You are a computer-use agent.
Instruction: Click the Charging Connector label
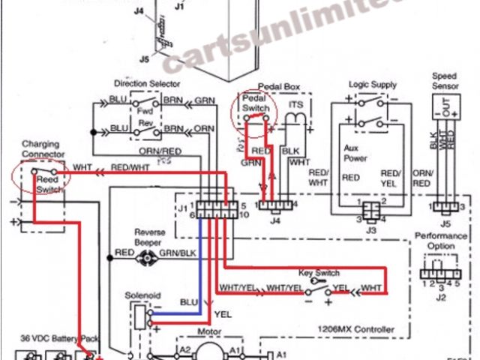pos(44,148)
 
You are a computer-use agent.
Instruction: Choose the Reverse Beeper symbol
pos(147,256)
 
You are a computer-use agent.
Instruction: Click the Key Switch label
pos(319,273)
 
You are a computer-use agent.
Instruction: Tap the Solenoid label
pos(142,296)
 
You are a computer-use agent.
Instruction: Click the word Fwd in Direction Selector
pos(145,111)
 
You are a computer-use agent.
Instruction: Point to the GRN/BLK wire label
pos(178,256)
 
